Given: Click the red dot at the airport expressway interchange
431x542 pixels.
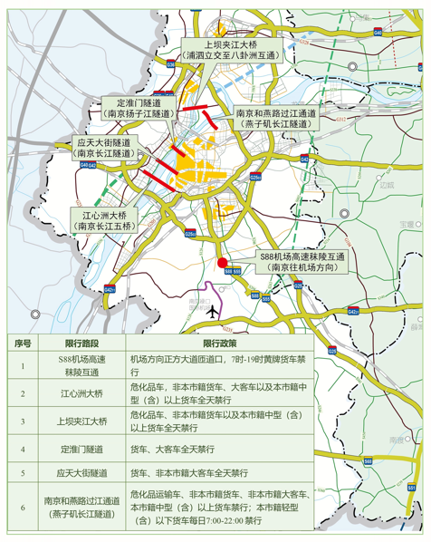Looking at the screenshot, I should [223, 264].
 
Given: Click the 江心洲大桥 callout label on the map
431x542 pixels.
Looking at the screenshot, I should [103, 221].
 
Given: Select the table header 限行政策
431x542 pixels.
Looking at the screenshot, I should [220, 344].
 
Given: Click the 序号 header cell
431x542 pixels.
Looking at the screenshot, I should [24, 344].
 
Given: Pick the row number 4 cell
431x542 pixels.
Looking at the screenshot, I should [24, 448].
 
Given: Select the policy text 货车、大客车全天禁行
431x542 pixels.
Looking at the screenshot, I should [172, 448].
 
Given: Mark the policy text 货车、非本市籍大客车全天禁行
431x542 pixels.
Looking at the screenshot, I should [186, 473].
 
